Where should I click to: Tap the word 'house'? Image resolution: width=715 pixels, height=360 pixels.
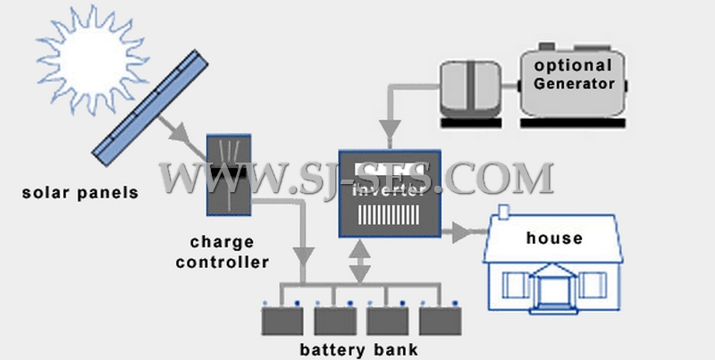click(x=554, y=239)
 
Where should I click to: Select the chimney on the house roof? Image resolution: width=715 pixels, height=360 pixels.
click(x=504, y=213)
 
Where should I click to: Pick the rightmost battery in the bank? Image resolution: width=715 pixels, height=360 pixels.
click(x=437, y=318)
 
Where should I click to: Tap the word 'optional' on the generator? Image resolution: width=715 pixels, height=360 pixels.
click(x=573, y=66)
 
